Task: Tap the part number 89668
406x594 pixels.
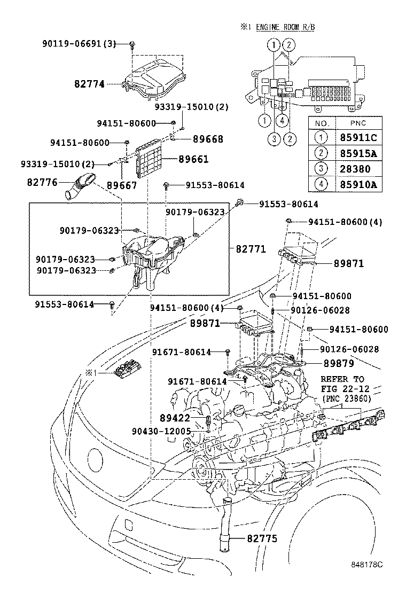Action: (193, 139)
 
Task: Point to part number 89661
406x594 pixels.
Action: (193, 159)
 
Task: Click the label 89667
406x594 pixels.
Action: (122, 185)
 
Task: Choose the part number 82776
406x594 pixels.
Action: (42, 182)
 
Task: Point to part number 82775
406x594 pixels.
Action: (262, 539)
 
